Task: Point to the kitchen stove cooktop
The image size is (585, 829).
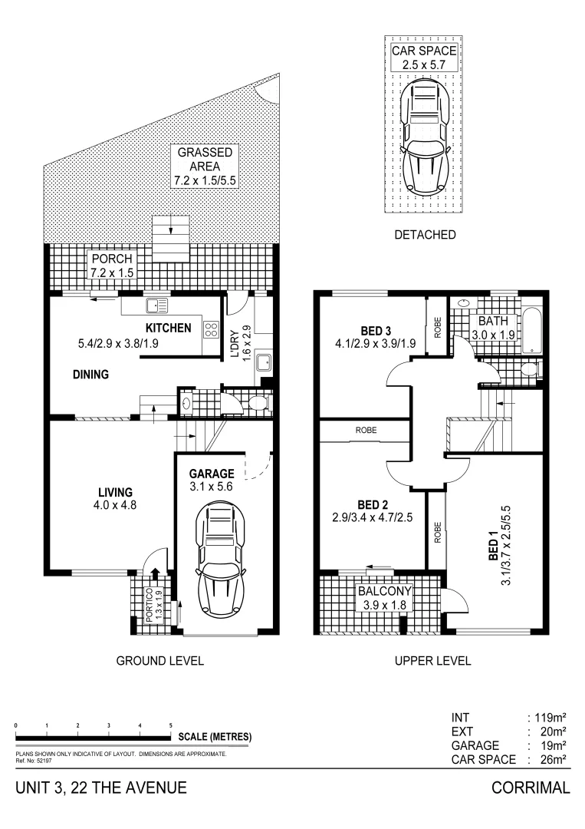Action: [210, 330]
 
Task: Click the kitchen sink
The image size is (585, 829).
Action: [158, 306]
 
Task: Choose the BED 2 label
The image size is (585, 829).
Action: [372, 504]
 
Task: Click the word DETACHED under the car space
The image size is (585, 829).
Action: [425, 235]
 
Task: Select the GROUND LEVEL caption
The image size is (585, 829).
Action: [159, 661]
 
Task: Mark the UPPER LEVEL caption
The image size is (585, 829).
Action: [432, 661]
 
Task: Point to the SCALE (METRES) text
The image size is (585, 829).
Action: [215, 737]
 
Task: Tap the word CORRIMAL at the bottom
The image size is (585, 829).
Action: [531, 788]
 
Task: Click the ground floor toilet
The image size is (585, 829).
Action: [258, 402]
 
